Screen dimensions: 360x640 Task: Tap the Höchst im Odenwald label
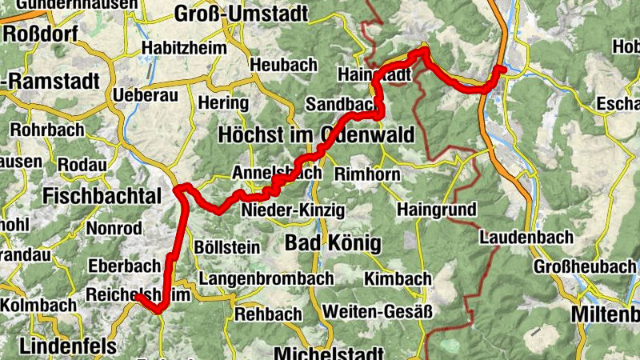click(x=316, y=135)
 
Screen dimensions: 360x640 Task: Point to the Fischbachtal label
click(x=102, y=195)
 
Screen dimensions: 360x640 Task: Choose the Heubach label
click(x=279, y=65)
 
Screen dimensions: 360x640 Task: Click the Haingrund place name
click(x=436, y=210)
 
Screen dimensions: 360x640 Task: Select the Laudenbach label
click(x=526, y=238)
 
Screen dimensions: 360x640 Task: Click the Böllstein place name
click(x=227, y=248)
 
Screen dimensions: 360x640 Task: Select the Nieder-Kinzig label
click(x=293, y=210)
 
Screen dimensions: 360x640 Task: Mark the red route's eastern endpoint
click(x=502, y=70)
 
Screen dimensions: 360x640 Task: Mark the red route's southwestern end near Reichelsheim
click(x=137, y=296)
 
